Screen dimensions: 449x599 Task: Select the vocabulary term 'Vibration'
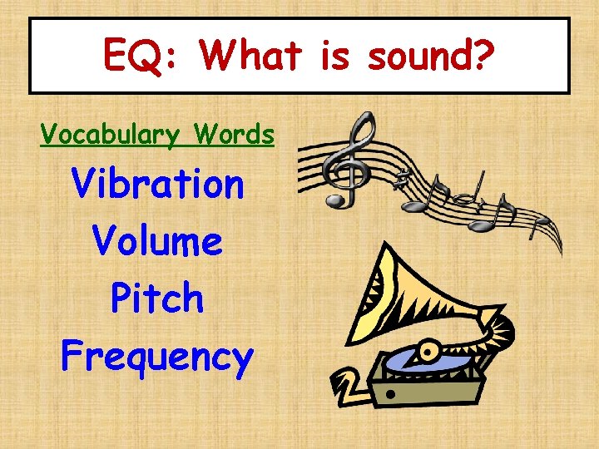coord(158,184)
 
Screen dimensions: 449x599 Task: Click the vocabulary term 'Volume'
coord(158,241)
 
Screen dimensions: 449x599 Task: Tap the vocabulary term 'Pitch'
coord(158,298)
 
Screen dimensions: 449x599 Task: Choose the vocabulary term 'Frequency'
coord(157,357)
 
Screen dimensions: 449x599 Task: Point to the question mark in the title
coord(483,56)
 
